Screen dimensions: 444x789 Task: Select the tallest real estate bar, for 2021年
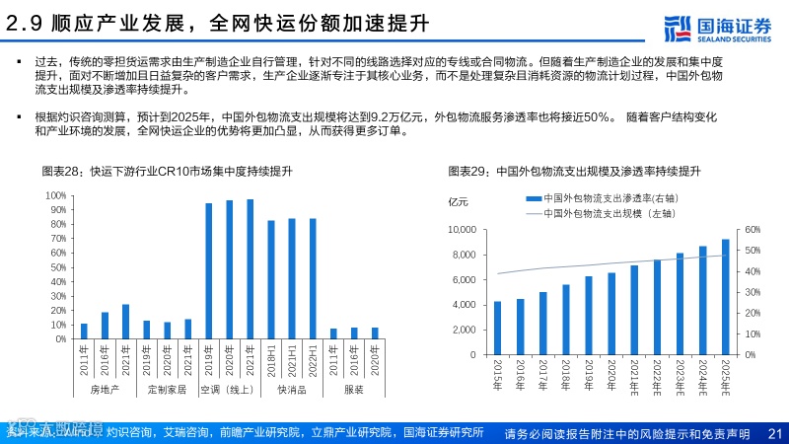[125, 322]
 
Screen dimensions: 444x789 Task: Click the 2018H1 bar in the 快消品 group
[271, 279]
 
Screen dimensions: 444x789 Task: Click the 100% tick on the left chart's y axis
[55, 195]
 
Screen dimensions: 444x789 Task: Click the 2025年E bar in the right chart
[725, 296]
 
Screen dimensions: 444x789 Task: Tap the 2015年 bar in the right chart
[498, 328]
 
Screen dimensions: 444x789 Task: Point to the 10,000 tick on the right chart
[463, 230]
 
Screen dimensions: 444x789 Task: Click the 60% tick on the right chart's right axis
[753, 230]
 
